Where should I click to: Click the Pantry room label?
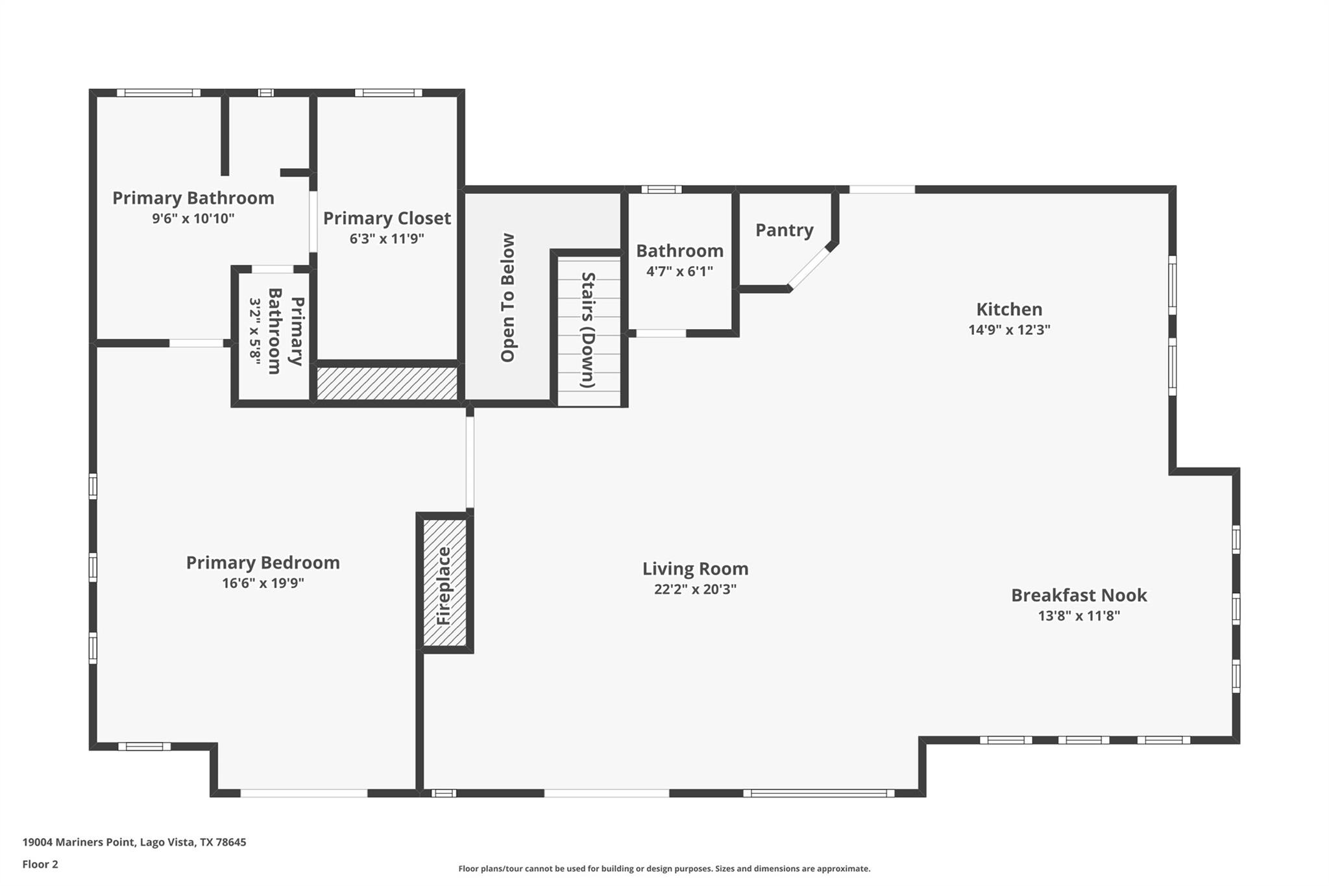coord(784,230)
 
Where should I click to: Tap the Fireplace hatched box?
coord(445,583)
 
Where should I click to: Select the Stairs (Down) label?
coord(588,330)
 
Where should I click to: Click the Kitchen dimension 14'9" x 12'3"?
coord(1009,330)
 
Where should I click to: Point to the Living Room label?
coord(695,569)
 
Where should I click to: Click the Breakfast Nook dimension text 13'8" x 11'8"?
coord(1079,615)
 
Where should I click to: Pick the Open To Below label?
coord(507,297)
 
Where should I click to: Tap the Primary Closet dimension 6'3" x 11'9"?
coord(387,239)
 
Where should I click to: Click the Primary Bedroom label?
coord(263,562)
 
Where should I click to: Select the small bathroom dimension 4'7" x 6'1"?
coord(679,271)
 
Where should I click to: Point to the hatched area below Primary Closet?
coord(387,383)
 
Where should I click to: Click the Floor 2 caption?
coord(40,864)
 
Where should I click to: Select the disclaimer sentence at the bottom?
coord(664,868)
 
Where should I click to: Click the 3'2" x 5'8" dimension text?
coord(255,332)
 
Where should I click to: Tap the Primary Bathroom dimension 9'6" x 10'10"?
coord(193,218)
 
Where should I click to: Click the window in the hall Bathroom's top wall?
coord(661,190)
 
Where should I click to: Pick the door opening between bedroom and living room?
coord(470,461)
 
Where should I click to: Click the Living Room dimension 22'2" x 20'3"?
coord(695,589)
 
